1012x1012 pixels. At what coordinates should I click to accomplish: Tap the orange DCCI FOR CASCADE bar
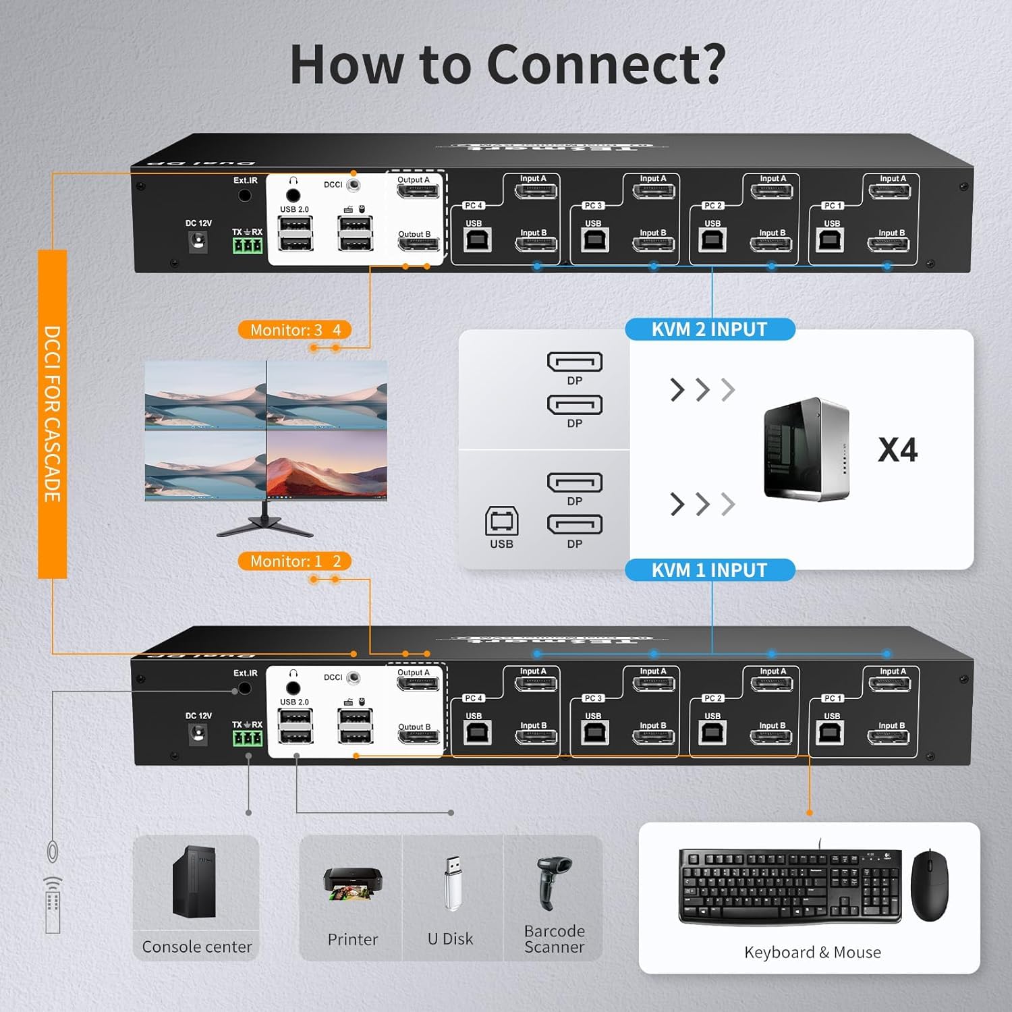[53, 414]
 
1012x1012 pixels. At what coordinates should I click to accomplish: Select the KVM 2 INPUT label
[709, 329]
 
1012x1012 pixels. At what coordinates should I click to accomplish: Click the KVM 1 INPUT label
[709, 570]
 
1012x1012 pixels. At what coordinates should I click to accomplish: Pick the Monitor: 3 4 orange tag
[295, 330]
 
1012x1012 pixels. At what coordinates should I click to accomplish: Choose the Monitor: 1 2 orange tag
[295, 561]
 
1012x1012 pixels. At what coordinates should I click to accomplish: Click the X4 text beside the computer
[897, 450]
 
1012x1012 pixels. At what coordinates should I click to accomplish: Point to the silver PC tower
[806, 449]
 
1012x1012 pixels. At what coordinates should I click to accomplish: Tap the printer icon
[352, 884]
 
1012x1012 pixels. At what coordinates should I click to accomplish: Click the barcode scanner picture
[554, 880]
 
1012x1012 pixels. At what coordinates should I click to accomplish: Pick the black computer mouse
[929, 885]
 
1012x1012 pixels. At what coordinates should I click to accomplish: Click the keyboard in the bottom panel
[789, 885]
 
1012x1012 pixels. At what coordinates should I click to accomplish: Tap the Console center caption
[197, 947]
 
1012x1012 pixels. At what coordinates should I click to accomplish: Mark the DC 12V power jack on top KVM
[198, 241]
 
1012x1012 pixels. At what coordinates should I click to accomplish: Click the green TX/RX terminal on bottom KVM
[247, 738]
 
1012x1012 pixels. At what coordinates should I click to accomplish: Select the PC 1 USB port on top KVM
[830, 240]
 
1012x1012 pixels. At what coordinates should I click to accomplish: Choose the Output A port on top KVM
[418, 191]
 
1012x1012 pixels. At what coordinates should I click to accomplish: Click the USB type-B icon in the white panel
[501, 522]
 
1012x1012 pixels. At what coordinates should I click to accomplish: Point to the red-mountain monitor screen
[327, 466]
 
